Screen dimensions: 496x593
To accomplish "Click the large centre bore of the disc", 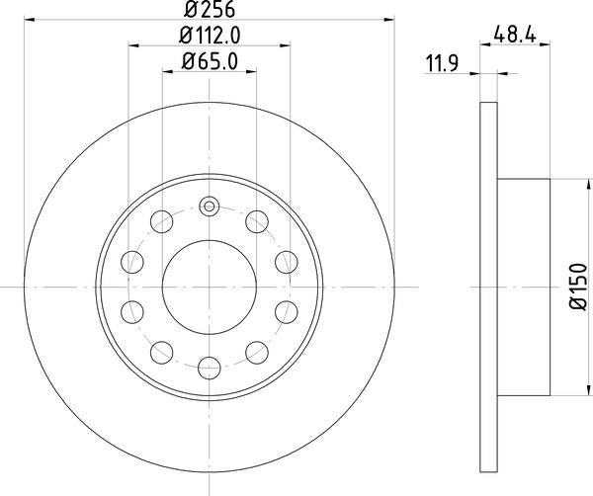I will click(x=209, y=288).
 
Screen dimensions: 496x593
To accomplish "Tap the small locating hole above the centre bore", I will click(x=209, y=207).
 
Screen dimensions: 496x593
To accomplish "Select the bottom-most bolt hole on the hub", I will click(x=209, y=368).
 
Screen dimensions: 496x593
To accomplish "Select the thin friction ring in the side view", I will click(x=487, y=287).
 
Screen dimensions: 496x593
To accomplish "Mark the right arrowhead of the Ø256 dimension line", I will click(x=390, y=19).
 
